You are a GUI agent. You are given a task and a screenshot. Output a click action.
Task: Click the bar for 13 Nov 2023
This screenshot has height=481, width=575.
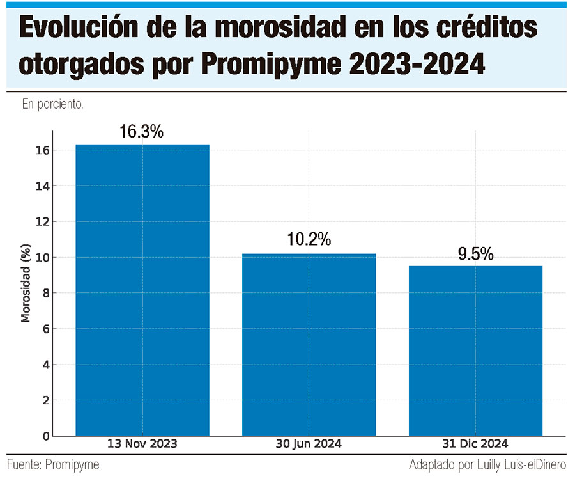tap(142, 290)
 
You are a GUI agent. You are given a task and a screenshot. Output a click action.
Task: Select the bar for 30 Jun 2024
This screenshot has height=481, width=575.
tap(309, 345)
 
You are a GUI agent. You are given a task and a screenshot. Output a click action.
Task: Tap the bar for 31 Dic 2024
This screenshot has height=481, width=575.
tap(475, 351)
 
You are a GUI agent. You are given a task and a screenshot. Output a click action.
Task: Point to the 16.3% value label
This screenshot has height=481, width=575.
tap(142, 132)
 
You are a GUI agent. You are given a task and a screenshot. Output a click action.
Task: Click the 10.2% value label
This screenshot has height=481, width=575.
tap(309, 239)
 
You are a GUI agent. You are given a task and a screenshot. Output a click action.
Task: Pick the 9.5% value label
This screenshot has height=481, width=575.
tap(475, 254)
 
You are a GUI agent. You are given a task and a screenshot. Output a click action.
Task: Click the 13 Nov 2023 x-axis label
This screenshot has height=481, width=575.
tap(142, 443)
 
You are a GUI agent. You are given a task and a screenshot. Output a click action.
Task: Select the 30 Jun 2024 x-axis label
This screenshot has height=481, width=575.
tap(309, 443)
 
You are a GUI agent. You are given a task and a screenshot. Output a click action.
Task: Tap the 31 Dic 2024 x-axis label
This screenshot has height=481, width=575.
tap(475, 443)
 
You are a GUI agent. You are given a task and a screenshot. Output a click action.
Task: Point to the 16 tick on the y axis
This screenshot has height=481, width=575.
tap(42, 150)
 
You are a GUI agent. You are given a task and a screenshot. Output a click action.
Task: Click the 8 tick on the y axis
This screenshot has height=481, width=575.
tap(46, 293)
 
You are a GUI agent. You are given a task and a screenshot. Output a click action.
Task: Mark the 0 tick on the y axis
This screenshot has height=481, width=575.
tap(46, 436)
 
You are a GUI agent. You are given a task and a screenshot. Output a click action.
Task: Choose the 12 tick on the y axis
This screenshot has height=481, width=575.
tap(42, 222)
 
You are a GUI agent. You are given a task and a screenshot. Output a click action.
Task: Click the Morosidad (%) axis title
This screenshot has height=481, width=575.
tap(26, 283)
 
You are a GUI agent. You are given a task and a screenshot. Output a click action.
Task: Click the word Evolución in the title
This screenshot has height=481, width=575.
tap(79, 27)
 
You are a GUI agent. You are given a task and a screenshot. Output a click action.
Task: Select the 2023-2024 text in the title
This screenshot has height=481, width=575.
tap(417, 64)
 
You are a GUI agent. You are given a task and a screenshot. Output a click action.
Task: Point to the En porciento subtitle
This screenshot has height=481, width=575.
tap(53, 104)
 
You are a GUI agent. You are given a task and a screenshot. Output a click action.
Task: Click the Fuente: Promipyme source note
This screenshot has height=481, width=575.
tap(53, 465)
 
